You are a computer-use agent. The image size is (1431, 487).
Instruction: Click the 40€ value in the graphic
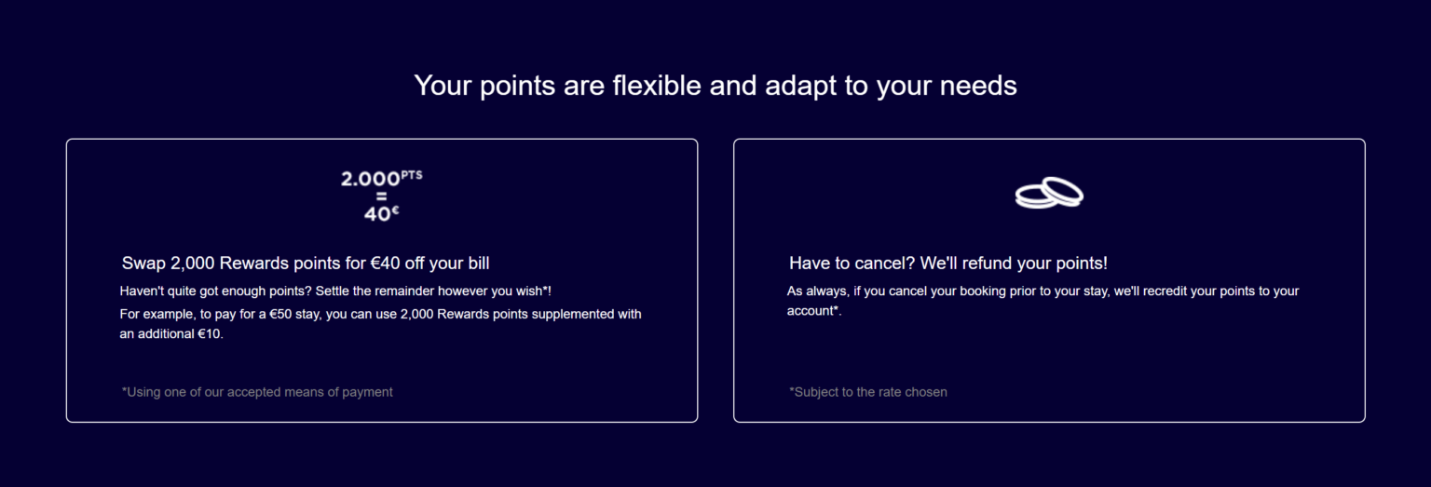click(x=380, y=213)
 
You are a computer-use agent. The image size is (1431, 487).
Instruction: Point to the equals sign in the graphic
click(x=380, y=196)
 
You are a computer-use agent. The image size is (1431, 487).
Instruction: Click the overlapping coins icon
click(x=1049, y=193)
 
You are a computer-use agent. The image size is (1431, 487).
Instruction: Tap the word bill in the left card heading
click(x=473, y=264)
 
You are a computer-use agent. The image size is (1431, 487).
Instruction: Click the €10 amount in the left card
click(x=209, y=334)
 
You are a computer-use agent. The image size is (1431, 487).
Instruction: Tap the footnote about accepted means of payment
click(x=257, y=392)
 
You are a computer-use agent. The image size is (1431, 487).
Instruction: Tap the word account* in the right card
click(x=813, y=311)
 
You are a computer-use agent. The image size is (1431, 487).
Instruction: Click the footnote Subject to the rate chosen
click(x=867, y=392)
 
